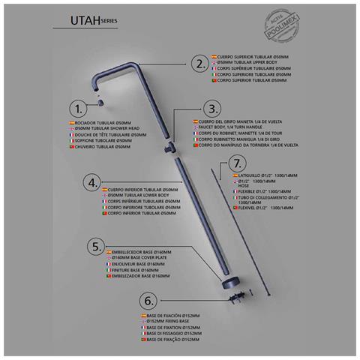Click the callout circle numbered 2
(199, 63)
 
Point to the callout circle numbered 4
(93, 181)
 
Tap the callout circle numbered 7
(236, 163)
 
